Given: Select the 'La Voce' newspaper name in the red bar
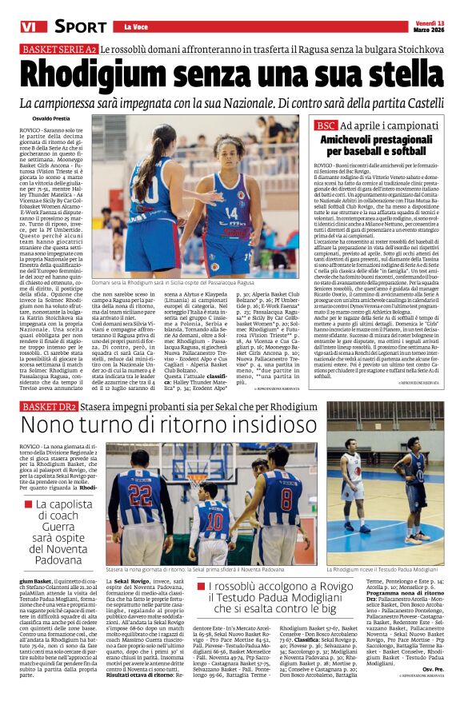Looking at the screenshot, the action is click(125, 27).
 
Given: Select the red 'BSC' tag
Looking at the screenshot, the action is click(325, 125).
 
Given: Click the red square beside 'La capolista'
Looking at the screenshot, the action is click(28, 505).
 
